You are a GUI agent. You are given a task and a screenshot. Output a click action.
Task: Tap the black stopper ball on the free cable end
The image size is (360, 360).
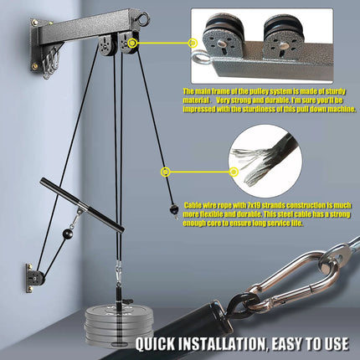172,209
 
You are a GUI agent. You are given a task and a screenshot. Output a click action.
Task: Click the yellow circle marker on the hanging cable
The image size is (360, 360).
166,172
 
